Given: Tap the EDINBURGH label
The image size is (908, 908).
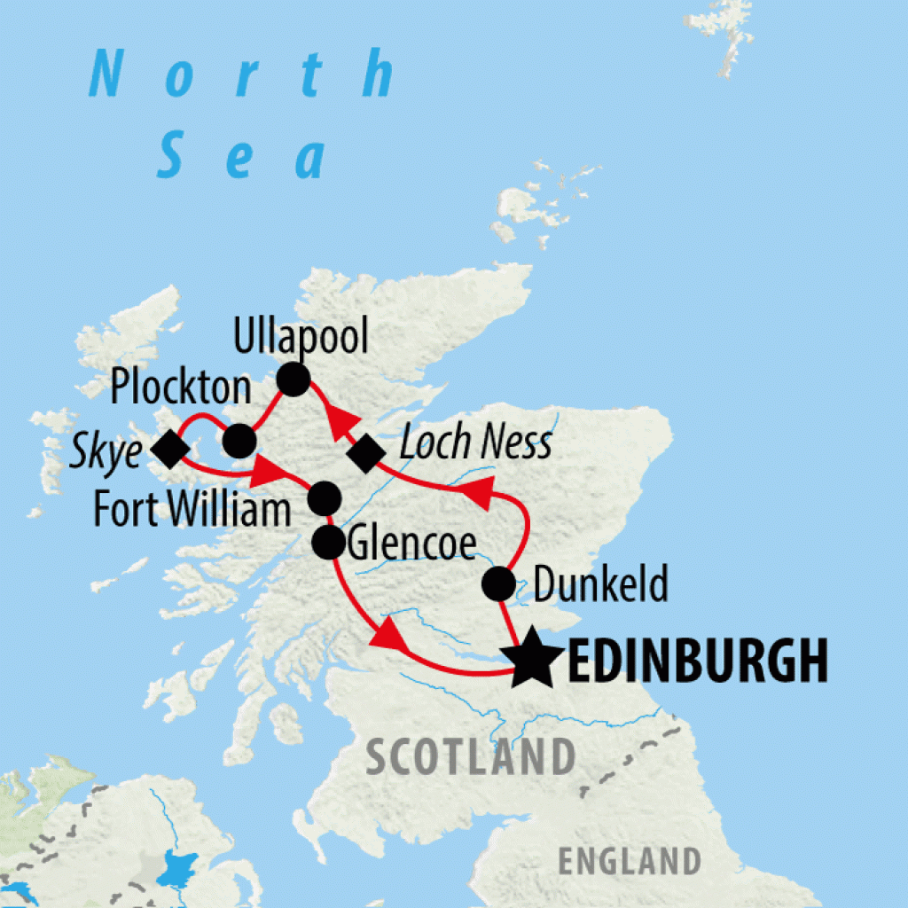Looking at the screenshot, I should coord(696,661).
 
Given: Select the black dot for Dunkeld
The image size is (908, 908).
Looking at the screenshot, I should coord(498,584).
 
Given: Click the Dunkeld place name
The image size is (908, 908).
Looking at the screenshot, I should coord(599,585).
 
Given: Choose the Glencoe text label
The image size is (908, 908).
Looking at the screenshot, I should coord(412,543).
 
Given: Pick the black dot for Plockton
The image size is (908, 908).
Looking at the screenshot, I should coord(239,440).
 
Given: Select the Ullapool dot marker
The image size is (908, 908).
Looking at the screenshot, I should coord(294,380).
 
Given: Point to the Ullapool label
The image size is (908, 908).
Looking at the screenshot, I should coord(300,337).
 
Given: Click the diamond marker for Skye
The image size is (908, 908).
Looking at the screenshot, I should coord(170,450).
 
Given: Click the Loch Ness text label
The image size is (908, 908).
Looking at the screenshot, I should coord(475,443).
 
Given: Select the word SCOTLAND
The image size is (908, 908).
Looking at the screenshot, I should coord(471,758).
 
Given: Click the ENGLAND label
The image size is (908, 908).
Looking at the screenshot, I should coord(629,860).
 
